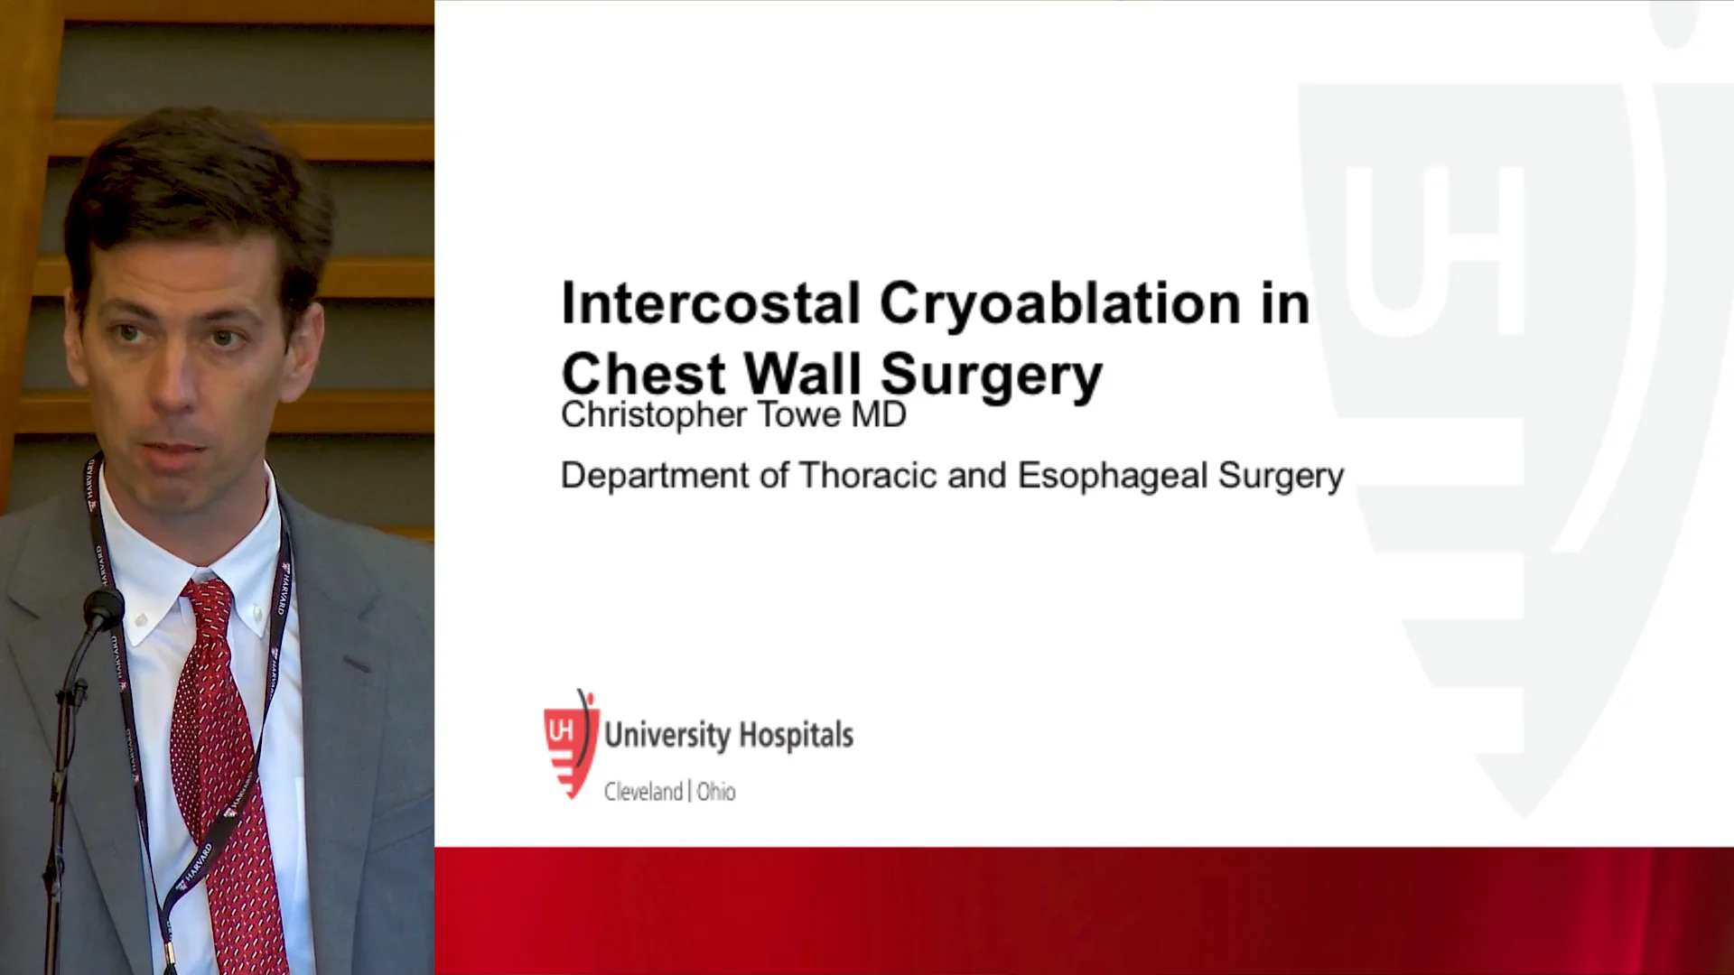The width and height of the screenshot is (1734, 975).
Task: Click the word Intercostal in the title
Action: tap(710, 303)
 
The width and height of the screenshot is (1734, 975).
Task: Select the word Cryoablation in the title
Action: tap(1058, 305)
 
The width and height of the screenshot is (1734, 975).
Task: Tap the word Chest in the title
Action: tap(643, 373)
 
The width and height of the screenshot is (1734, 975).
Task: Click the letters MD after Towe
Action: tap(879, 415)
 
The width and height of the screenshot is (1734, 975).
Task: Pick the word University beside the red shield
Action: tap(667, 736)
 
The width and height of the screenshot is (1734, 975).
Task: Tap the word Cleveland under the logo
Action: tap(643, 792)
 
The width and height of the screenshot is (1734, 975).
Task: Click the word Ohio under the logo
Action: tap(716, 792)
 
